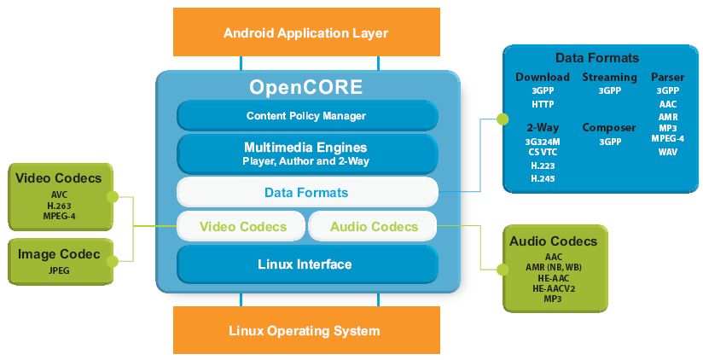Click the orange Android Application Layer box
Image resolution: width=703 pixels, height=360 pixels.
point(305,33)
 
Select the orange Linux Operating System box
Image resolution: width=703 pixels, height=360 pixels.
point(305,330)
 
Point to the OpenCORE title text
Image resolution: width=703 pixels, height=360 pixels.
point(305,87)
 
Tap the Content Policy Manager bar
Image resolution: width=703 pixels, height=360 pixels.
point(306,115)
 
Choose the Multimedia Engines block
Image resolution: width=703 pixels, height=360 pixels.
point(306,153)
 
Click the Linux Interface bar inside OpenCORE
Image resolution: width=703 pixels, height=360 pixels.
point(305,264)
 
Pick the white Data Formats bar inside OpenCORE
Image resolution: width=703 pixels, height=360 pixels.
point(306,193)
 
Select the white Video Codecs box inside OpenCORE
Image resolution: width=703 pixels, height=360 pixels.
point(241,227)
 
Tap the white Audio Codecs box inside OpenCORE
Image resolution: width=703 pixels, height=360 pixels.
point(373,227)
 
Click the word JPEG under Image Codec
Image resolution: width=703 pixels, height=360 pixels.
point(59,270)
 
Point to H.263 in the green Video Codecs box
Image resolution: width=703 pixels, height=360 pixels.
point(59,205)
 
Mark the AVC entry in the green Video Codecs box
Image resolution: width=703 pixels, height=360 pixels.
point(59,195)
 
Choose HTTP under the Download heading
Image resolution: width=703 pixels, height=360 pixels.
point(542,103)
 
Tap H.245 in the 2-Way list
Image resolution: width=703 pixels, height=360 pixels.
point(542,178)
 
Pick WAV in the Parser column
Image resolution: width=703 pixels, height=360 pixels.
point(667,151)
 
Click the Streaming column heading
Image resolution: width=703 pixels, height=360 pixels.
point(609,78)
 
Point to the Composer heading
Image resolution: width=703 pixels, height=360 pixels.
point(609,128)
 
